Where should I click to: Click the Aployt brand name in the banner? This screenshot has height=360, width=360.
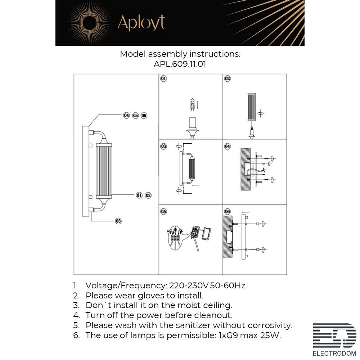pos(141,23)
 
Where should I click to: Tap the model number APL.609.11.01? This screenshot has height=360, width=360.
pos(180,64)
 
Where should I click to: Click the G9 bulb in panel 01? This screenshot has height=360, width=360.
pos(192,104)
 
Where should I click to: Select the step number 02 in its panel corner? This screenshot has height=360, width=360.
pos(227,79)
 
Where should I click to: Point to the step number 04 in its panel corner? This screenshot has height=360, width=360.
pos(227,146)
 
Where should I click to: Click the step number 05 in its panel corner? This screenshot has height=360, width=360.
pos(163,211)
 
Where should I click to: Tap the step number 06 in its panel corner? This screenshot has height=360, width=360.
pos(227,211)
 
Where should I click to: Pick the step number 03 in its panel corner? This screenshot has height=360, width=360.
pos(163,146)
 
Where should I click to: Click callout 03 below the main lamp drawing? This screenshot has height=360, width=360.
pos(118,221)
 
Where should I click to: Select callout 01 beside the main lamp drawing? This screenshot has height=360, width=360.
pos(139,195)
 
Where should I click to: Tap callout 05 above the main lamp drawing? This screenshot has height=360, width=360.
pos(135,116)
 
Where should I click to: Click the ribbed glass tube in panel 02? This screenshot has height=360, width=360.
pos(252,107)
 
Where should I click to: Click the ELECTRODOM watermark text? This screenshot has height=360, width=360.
pos(334,353)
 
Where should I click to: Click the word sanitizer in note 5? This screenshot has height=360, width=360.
pos(193,325)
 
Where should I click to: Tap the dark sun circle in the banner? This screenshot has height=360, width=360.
pos(89,23)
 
